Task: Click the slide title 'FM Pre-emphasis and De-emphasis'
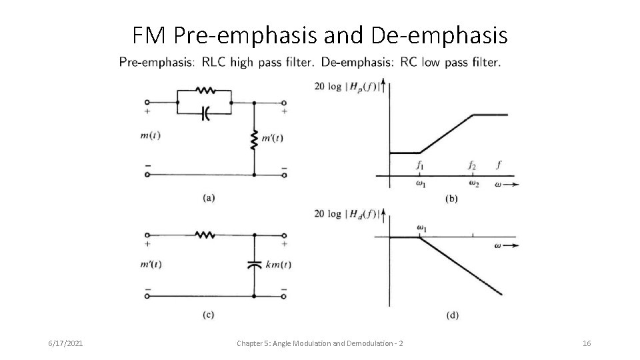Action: pos(319,34)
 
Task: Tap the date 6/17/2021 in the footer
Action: pos(67,343)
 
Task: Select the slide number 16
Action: pos(587,343)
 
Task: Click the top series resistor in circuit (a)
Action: pos(204,89)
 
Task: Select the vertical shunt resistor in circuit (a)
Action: pos(254,140)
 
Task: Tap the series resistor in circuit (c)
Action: pos(204,235)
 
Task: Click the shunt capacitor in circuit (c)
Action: pos(254,264)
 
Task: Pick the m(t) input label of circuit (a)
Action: pos(150,136)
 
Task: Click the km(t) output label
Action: pos(278,264)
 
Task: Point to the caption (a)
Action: pos(209,197)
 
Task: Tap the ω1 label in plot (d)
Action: pos(422,228)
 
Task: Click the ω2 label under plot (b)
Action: pos(473,183)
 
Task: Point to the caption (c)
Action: pos(209,315)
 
